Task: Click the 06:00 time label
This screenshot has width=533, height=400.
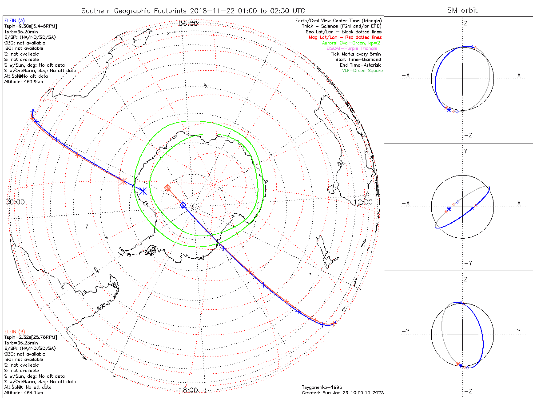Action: (x=188, y=23)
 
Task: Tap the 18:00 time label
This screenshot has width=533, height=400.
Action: (x=188, y=390)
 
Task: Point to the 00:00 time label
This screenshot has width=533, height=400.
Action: (x=15, y=202)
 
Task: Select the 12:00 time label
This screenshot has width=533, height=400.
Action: (x=362, y=202)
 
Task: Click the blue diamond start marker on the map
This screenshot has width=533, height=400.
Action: (x=183, y=205)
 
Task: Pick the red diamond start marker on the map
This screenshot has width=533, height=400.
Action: (x=167, y=188)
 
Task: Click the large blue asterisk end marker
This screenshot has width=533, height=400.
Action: (x=143, y=190)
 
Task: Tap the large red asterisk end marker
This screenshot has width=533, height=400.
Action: (x=123, y=180)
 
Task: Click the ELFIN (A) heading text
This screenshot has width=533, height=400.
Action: (x=15, y=20)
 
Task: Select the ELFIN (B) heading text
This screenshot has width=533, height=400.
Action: (x=15, y=331)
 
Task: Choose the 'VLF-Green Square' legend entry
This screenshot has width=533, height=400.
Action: (x=362, y=71)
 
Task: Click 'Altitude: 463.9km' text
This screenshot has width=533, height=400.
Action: (x=24, y=82)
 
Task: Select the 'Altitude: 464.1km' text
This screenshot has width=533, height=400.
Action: (x=24, y=393)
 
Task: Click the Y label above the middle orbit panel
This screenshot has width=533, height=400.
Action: (x=465, y=151)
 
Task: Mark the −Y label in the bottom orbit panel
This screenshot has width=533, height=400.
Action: (x=405, y=331)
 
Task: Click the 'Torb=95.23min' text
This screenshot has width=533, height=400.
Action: (x=20, y=343)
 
